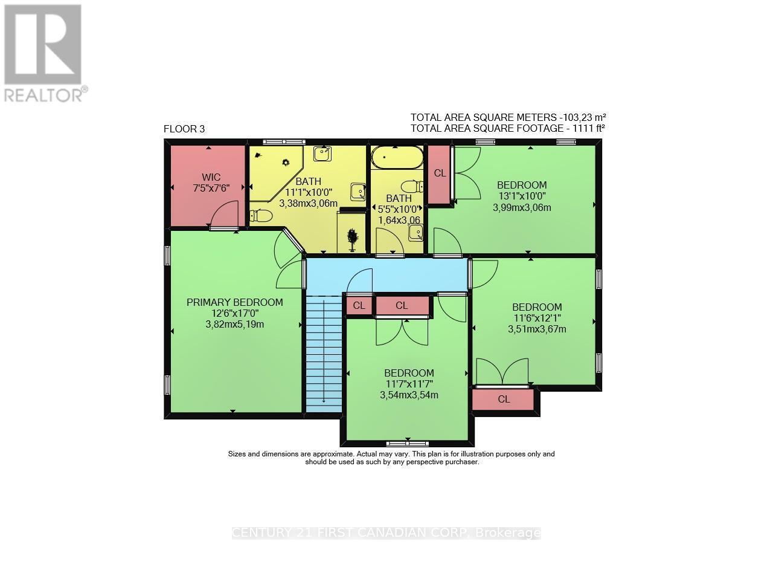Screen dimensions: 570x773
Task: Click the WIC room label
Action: click(x=211, y=177)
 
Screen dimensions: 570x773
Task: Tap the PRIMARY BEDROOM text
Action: click(x=234, y=302)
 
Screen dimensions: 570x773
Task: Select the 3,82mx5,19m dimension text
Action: click(x=234, y=324)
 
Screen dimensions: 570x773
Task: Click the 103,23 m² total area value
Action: click(x=582, y=117)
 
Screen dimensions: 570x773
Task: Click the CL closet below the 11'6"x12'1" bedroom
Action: click(x=504, y=399)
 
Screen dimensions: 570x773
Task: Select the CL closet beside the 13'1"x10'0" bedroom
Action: click(x=440, y=173)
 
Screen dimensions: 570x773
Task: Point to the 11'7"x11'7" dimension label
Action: click(x=409, y=384)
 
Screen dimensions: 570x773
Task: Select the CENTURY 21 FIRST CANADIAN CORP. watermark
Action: click(x=386, y=533)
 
